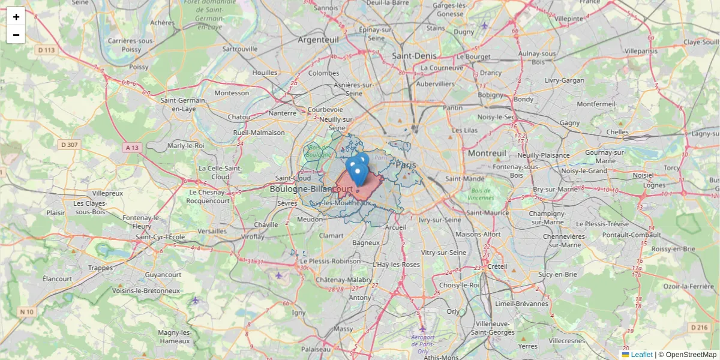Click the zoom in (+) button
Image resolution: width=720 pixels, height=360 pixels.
point(16,16)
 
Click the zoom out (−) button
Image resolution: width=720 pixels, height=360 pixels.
point(16,35)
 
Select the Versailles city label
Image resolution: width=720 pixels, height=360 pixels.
point(212,231)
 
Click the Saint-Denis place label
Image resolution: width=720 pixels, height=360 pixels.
point(414,55)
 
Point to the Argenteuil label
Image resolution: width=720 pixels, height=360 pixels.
point(319,40)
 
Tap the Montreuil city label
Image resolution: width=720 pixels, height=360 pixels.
point(488,154)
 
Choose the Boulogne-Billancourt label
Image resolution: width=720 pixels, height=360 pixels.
point(311,189)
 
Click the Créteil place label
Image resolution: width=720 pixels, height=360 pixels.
point(497,266)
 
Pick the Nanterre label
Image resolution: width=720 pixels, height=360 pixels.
point(283,113)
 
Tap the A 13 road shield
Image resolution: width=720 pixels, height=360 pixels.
point(133,147)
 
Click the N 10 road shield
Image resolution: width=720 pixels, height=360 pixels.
point(26,311)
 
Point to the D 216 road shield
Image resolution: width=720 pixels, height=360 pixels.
point(700,328)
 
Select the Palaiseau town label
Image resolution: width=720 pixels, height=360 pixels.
point(316,349)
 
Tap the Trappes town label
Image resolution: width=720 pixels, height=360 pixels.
point(100,268)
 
